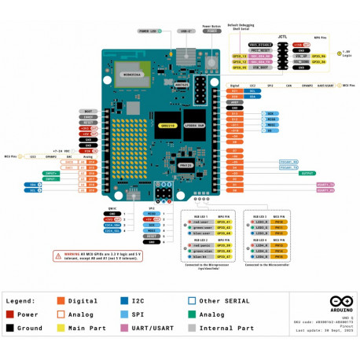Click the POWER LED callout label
point(148,31)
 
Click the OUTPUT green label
point(308,174)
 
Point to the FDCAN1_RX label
point(288,167)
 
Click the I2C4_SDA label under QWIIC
point(112,226)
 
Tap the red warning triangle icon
point(58,255)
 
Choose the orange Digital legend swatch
point(61,300)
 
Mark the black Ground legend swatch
point(10,328)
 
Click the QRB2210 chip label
point(166,125)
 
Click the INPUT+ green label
point(51,172)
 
